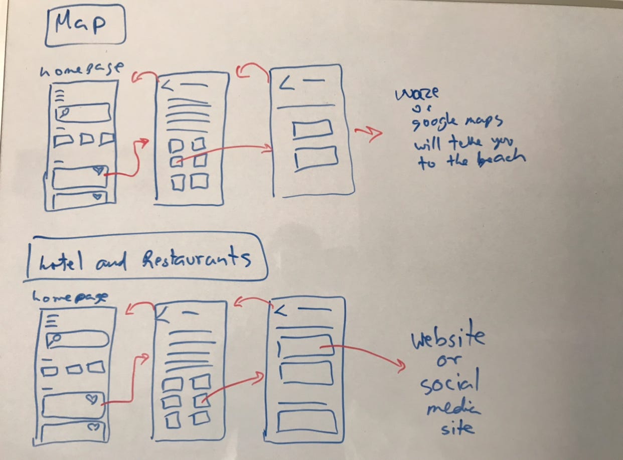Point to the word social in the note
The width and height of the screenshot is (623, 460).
449,384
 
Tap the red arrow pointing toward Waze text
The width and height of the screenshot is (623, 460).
369,133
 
